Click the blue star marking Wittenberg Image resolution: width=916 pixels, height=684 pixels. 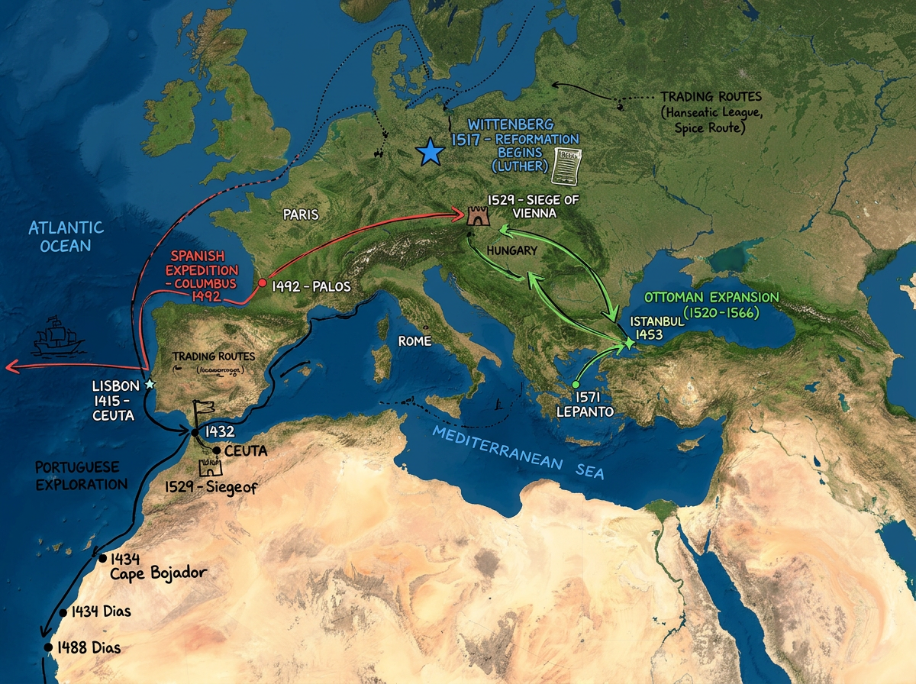[431, 152]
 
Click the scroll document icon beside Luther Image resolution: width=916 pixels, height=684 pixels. [566, 165]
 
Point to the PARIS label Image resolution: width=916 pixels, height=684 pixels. [301, 215]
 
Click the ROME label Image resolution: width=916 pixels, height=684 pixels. [414, 341]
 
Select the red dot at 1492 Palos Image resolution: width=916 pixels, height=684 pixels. [263, 283]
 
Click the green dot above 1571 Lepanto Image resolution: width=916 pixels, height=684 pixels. [576, 385]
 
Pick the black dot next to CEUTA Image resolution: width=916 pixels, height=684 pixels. [217, 450]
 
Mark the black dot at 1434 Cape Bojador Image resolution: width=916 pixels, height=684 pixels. [102, 558]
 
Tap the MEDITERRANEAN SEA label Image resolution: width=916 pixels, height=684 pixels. [518, 452]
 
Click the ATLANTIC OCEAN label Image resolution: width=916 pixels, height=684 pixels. [66, 236]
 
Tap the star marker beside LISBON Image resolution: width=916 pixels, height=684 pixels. [149, 384]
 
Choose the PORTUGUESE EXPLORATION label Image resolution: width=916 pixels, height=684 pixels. [81, 475]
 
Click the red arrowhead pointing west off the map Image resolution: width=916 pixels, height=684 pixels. [11, 367]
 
